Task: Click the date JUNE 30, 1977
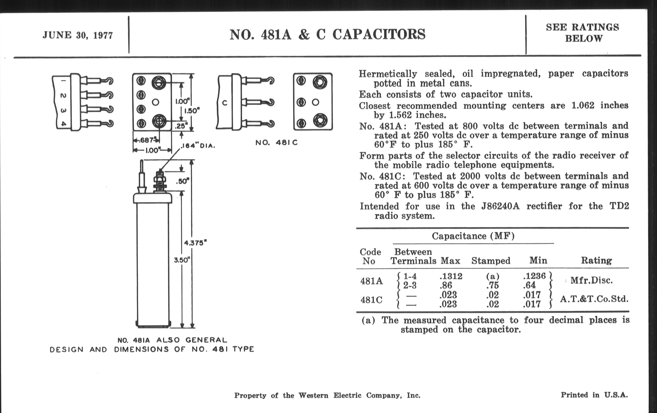(78, 35)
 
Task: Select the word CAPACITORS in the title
(379, 35)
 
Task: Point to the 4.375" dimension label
(195, 243)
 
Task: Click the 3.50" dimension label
(182, 260)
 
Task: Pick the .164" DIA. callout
(198, 146)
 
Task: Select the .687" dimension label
(147, 140)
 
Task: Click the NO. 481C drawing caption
(276, 143)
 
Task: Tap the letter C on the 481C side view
(224, 103)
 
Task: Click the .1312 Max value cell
(451, 276)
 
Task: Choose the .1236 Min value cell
(534, 276)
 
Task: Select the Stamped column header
(491, 261)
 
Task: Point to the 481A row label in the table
(371, 281)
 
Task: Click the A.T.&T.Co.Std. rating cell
(594, 299)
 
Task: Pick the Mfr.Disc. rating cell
(591, 280)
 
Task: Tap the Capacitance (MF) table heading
(473, 236)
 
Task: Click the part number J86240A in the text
(500, 206)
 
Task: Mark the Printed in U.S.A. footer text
(594, 395)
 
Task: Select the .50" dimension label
(183, 181)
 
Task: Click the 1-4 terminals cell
(410, 276)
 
